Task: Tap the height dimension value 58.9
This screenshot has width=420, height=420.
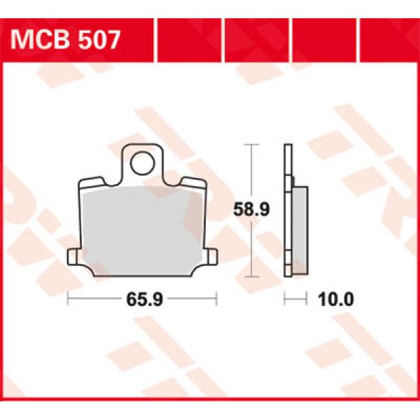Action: (x=251, y=209)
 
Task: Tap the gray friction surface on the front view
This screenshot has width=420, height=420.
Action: (x=143, y=224)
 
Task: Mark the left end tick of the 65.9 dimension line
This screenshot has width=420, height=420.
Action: (x=67, y=300)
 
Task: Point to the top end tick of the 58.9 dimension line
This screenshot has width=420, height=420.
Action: (x=251, y=144)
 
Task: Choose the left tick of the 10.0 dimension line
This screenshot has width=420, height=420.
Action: (x=284, y=300)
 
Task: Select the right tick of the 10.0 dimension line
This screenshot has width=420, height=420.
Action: (x=307, y=300)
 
